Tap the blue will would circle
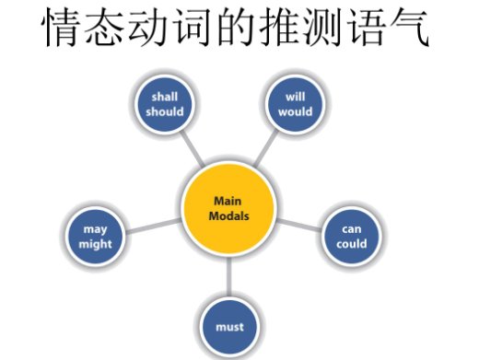pyautogui.click(x=296, y=104)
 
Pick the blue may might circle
pyautogui.click(x=95, y=236)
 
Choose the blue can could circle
pyautogui.click(x=352, y=236)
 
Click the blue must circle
pyautogui.click(x=230, y=325)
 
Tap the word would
pyautogui.click(x=296, y=111)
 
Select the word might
pyautogui.click(x=95, y=244)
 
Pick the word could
pyautogui.click(x=352, y=244)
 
